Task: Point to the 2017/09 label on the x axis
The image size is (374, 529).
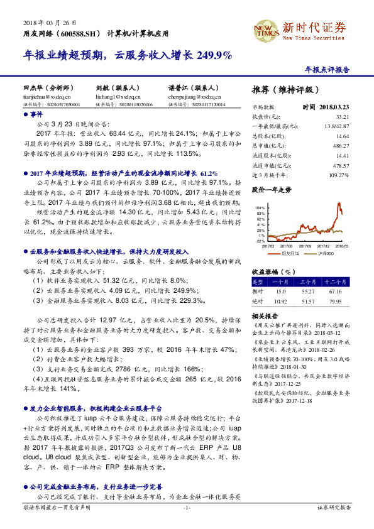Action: (306, 247)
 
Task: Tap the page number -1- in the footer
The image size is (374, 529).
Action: (187, 524)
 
